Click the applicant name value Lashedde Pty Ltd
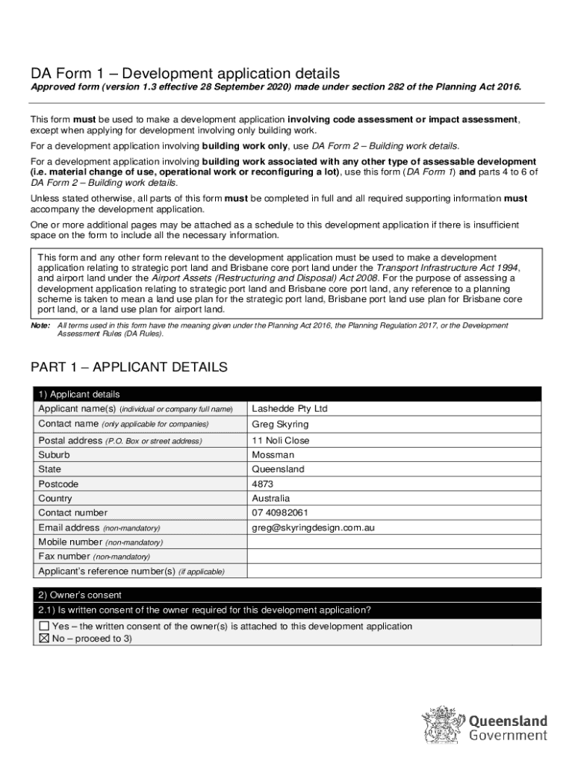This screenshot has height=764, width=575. (x=290, y=409)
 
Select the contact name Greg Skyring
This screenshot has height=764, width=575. (x=280, y=425)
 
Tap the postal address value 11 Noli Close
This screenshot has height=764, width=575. (x=280, y=440)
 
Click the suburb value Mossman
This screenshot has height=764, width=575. (x=273, y=454)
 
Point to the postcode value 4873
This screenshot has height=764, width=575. (x=263, y=483)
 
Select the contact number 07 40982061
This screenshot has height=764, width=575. (x=280, y=513)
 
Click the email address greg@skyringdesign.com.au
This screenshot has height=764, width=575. (x=313, y=527)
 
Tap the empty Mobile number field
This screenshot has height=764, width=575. (x=394, y=542)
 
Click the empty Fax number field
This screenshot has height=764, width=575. (x=394, y=557)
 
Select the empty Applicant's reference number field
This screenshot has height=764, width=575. (x=394, y=572)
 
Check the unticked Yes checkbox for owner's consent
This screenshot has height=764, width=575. (x=44, y=626)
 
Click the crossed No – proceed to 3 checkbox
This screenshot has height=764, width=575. (x=44, y=639)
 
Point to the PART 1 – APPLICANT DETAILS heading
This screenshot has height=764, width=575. (x=128, y=367)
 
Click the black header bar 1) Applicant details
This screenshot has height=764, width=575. (x=287, y=394)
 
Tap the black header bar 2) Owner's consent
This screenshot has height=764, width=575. (x=287, y=595)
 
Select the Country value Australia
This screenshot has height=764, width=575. (x=271, y=498)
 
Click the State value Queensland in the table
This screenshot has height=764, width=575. (x=278, y=469)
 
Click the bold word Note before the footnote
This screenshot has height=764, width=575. (x=40, y=326)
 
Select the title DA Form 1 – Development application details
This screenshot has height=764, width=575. (x=185, y=73)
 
